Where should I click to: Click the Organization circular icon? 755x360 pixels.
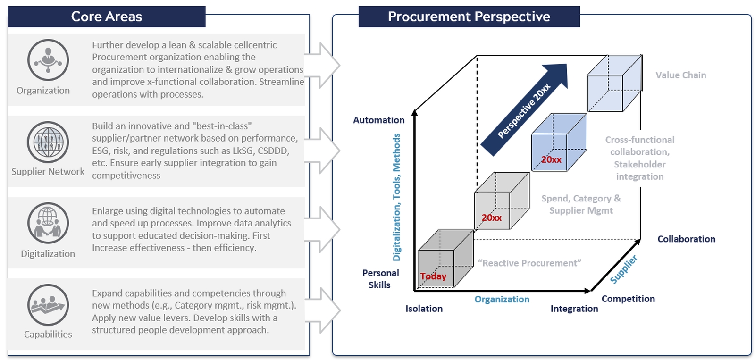48,60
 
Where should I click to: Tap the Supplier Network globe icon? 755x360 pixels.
48,142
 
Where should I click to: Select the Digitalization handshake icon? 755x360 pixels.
48,223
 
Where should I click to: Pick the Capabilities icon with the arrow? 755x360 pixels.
48,305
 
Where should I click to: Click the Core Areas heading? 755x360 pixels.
107,17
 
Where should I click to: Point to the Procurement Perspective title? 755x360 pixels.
469,17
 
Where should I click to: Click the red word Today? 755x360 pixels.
433,276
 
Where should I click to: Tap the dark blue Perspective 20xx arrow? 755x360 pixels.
524,109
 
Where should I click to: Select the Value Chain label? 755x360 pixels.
680,75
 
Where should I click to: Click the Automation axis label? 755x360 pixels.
378,120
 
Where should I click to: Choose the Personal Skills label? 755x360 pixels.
380,279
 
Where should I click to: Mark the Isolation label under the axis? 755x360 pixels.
424,309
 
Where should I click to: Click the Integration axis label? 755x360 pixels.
574,309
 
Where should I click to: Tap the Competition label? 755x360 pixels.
628,299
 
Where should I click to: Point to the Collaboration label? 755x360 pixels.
686,239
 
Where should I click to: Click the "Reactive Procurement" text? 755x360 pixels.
529,263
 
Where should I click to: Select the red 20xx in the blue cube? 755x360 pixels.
552,159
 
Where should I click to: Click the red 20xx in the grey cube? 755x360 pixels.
491,218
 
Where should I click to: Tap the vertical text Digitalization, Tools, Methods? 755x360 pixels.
397,197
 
